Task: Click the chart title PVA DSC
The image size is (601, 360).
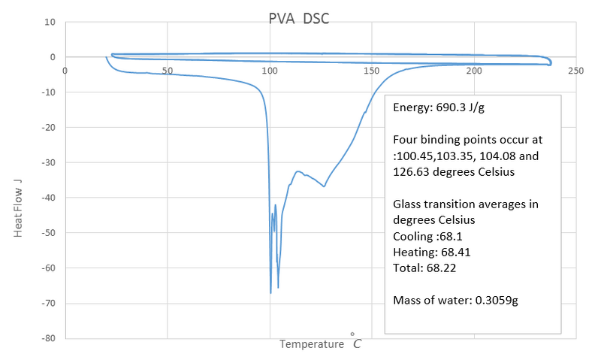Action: [x=298, y=18]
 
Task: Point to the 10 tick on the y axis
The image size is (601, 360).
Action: [x=50, y=22]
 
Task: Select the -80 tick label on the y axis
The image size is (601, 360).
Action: [x=47, y=338]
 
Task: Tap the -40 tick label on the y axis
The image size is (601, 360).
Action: [x=47, y=198]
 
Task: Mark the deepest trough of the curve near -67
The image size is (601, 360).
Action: [x=270, y=292]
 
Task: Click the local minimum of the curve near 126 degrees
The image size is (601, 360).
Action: [x=324, y=186]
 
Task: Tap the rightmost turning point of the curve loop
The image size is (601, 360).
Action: [x=551, y=62]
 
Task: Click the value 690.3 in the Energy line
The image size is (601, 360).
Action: [x=449, y=107]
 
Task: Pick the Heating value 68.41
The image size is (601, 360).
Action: [x=455, y=252]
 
